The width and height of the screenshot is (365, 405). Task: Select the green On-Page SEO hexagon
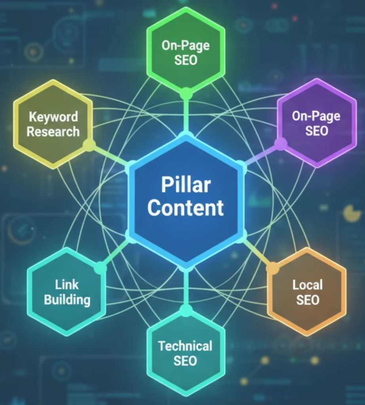[x=186, y=53]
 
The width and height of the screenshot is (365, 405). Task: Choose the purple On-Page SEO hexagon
[x=316, y=123]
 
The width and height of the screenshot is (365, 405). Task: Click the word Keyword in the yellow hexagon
[x=53, y=117]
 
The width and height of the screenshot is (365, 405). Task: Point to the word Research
[x=53, y=132]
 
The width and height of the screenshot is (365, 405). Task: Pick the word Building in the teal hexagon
[x=67, y=299]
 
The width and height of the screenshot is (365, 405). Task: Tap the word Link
[x=67, y=285]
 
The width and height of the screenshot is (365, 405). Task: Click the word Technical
[x=185, y=346]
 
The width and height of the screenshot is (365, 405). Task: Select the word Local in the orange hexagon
[x=308, y=285]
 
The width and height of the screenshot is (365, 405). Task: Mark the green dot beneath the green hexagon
[x=186, y=94]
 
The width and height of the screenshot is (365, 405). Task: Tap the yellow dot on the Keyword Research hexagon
[x=89, y=145]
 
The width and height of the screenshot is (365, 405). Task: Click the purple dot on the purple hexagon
[x=281, y=144]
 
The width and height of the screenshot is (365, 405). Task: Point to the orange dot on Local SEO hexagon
[x=272, y=268]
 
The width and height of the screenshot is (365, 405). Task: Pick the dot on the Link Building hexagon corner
[x=100, y=268]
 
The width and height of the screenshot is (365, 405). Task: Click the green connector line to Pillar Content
[x=186, y=115]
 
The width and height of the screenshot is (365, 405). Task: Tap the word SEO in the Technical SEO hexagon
[x=185, y=361]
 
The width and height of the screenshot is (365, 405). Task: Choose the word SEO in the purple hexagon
[x=316, y=131]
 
